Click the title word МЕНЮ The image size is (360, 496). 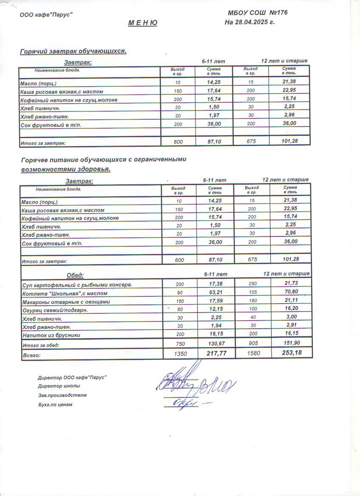tap(143, 23)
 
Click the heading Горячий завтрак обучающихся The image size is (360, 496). tap(74, 51)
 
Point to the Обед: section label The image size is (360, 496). tap(76, 275)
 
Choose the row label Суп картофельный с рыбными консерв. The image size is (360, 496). tap(77, 285)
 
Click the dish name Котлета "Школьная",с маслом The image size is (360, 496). tap(65, 293)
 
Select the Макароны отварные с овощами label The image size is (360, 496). tap(66, 302)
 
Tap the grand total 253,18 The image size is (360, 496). tap(290, 353)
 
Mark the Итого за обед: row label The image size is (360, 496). tap(41, 345)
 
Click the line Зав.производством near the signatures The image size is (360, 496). tap(62, 395)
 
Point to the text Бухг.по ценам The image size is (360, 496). tap(55, 405)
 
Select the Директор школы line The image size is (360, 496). tap(59, 386)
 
